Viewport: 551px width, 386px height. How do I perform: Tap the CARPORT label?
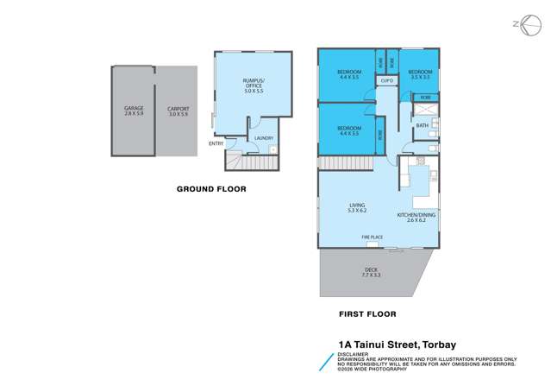[x=178, y=108]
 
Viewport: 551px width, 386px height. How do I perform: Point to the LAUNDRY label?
[x=263, y=138]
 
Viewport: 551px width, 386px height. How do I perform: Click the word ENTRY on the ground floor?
[x=216, y=143]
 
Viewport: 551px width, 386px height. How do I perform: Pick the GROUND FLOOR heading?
[x=211, y=188]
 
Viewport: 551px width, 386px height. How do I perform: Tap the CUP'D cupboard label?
[x=385, y=81]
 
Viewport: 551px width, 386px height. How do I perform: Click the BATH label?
[x=422, y=126]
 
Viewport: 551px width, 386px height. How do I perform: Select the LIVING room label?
[x=357, y=205]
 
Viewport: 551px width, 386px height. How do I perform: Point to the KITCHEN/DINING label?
[x=415, y=214]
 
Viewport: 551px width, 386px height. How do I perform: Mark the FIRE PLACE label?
[x=373, y=237]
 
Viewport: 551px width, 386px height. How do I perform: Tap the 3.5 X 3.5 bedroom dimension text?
[x=419, y=77]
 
